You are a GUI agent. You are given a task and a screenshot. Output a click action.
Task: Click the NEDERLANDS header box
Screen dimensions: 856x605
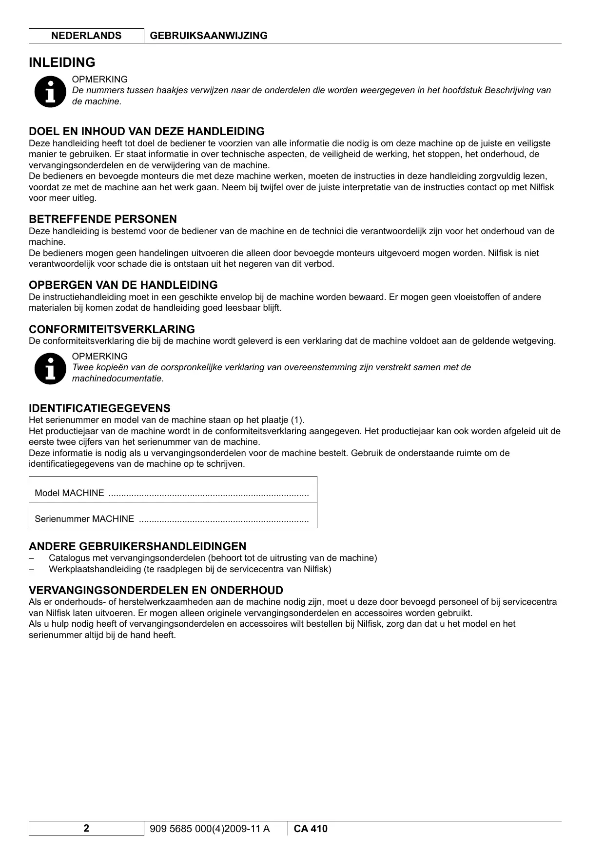click(x=86, y=36)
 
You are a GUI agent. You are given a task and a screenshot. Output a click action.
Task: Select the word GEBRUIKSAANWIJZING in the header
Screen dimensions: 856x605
click(x=209, y=36)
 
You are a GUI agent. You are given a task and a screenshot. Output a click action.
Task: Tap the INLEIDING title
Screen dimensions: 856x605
click(x=62, y=62)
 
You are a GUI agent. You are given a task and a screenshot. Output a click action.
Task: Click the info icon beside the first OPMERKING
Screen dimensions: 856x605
click(x=50, y=91)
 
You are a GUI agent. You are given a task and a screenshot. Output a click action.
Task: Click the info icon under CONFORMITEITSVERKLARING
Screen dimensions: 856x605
click(x=50, y=368)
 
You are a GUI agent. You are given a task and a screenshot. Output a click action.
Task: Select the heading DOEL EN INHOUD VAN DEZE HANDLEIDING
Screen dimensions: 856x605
click(x=146, y=131)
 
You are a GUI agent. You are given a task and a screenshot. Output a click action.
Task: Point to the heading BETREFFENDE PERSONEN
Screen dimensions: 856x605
click(x=102, y=219)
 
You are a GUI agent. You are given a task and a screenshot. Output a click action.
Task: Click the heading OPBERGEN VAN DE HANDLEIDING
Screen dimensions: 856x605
click(x=123, y=285)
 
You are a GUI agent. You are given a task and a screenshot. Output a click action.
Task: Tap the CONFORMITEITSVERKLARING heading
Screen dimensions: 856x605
click(x=112, y=329)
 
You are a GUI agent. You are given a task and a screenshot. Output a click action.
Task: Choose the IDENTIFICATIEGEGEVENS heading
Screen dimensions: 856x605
click(x=99, y=408)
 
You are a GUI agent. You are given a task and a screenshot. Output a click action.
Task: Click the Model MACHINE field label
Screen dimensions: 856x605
click(x=69, y=493)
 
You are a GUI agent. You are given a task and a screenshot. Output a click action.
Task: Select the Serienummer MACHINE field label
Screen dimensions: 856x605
click(x=84, y=519)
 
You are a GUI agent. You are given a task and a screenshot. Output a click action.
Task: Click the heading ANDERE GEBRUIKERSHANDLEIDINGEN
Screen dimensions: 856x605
click(x=137, y=546)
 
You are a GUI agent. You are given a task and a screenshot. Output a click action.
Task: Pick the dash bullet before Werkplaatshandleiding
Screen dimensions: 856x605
click(x=32, y=569)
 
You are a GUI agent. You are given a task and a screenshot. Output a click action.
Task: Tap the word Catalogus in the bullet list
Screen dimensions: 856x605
click(x=68, y=558)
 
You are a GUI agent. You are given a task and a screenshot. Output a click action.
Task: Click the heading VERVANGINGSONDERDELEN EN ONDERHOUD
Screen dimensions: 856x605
click(x=156, y=590)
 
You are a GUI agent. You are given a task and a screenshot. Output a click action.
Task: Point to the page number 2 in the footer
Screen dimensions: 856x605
click(x=86, y=828)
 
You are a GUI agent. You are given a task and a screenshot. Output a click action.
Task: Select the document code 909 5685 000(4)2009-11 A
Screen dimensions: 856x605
click(x=210, y=829)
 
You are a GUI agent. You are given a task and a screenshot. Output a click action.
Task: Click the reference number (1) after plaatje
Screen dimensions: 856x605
click(x=297, y=420)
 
